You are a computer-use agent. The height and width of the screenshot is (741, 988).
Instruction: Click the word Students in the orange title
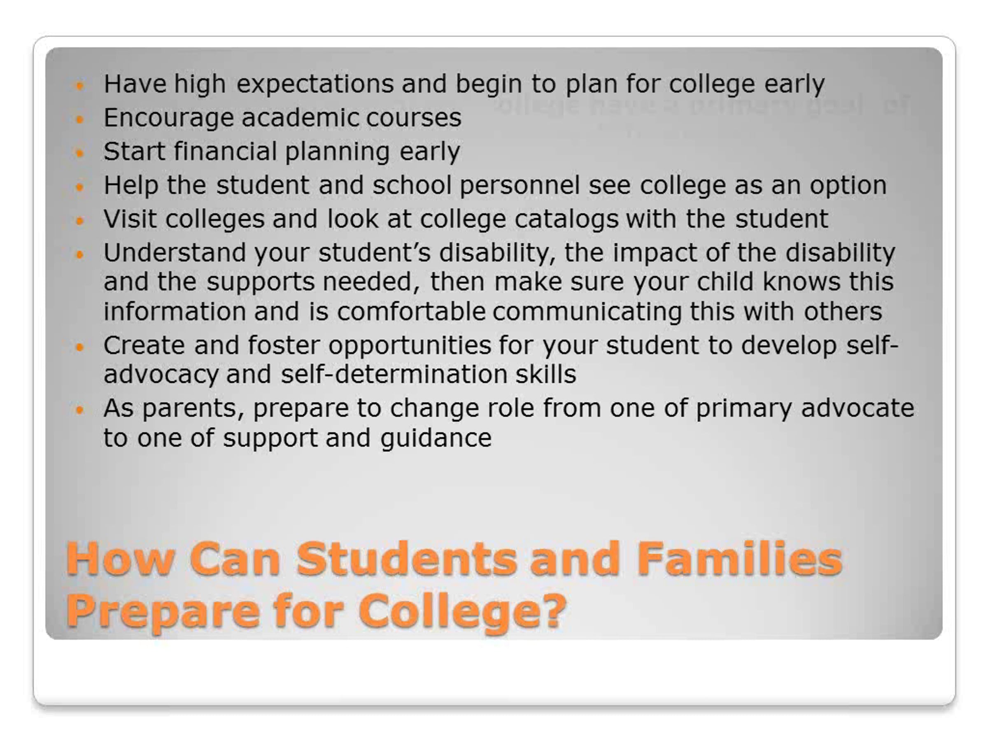coord(406,559)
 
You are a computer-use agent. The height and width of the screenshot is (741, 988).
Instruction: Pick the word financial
coord(226,151)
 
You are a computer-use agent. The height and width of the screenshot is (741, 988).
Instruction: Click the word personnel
coord(520,186)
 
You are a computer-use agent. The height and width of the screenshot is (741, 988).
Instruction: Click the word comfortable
coord(411,311)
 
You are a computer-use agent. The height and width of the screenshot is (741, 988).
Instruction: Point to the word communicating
coord(587,312)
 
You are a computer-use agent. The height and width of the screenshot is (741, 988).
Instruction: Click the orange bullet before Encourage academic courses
coord(80,119)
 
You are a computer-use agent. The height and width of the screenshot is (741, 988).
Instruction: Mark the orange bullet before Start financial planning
coord(80,153)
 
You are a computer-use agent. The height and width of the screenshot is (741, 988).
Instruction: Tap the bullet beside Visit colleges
coord(80,221)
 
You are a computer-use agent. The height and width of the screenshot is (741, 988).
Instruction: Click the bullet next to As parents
coord(80,410)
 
